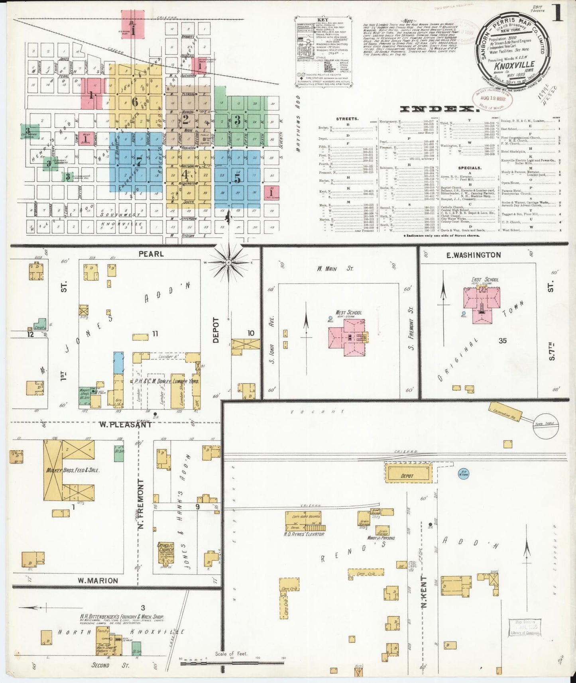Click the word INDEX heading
[438, 109]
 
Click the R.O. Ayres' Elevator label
[305, 534]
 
